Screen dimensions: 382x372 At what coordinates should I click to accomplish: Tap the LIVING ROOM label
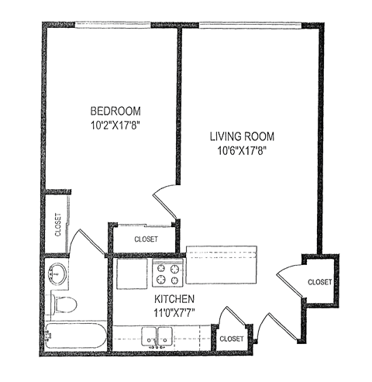tap(243, 136)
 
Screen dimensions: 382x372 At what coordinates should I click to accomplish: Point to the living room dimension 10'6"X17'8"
tap(243, 150)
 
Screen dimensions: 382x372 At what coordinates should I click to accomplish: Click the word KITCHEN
tap(174, 298)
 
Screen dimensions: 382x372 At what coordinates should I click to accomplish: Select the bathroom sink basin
tap(56, 273)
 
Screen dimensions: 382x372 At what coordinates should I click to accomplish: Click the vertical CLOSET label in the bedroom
tap(58, 225)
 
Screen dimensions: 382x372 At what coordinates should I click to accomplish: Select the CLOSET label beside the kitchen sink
tap(231, 339)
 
